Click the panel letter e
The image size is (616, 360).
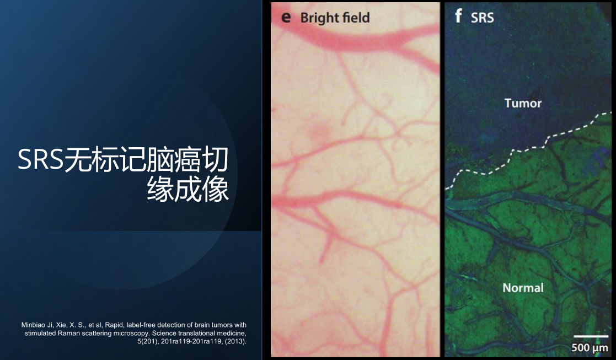[286, 18]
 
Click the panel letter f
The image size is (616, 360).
[458, 16]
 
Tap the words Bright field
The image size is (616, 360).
[335, 18]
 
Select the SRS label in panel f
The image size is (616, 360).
[483, 18]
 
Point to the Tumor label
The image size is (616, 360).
[523, 103]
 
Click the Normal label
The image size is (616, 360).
[523, 288]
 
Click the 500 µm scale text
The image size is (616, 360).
[590, 347]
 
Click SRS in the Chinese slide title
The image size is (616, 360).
[40, 159]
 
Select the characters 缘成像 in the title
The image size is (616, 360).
[188, 189]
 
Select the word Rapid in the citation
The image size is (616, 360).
[114, 325]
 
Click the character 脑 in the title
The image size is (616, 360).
[159, 159]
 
